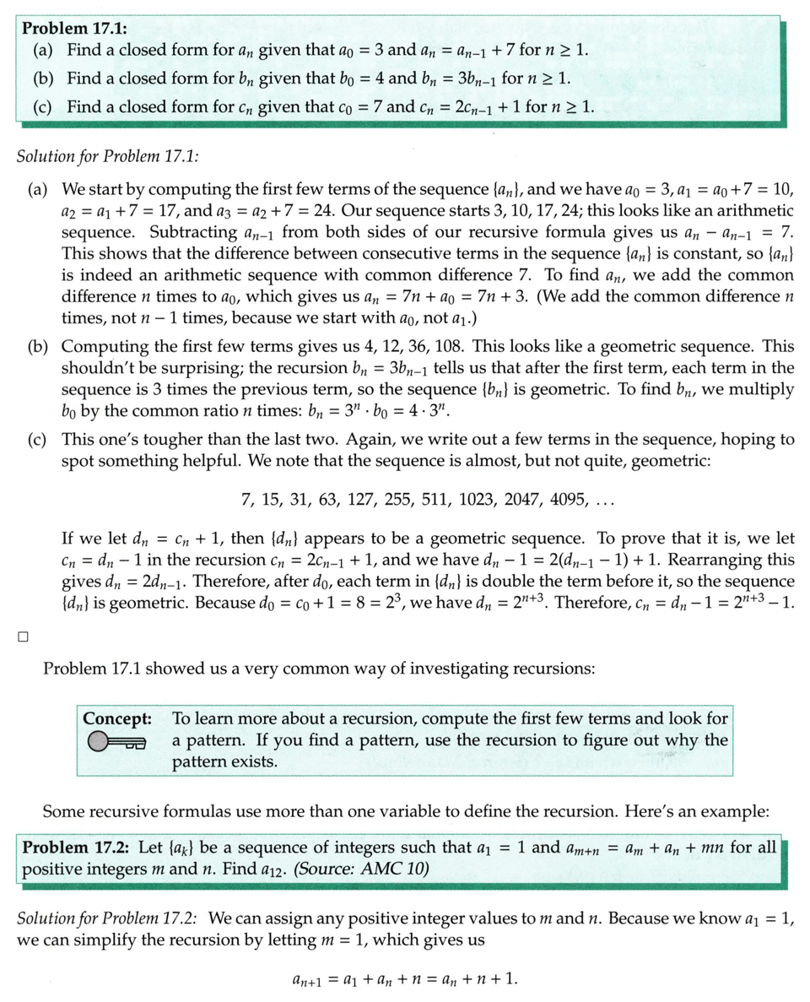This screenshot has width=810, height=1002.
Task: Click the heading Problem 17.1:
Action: [69, 28]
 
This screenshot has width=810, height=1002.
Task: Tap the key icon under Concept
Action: [116, 742]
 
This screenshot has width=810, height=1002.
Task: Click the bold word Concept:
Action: [117, 719]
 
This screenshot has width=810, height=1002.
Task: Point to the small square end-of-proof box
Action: [23, 636]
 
